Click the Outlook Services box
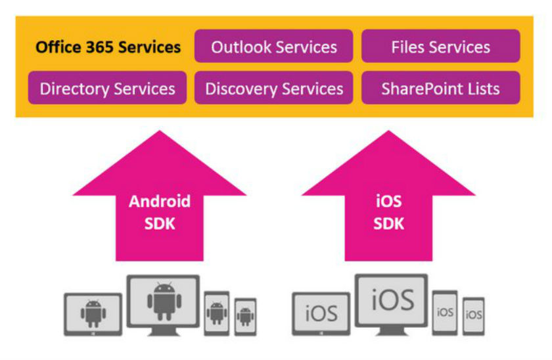pyautogui.click(x=273, y=46)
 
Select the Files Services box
pyautogui.click(x=440, y=46)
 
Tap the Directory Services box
pyautogui.click(x=107, y=87)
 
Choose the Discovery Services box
pyautogui.click(x=273, y=87)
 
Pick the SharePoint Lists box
pyautogui.click(x=440, y=87)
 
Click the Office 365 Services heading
pyautogui.click(x=108, y=47)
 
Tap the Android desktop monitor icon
pyautogui.click(x=164, y=305)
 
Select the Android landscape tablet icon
pyautogui.click(x=93, y=314)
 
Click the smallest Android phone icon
pyautogui.click(x=246, y=317)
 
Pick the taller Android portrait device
pyautogui.click(x=217, y=313)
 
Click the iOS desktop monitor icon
pyautogui.click(x=392, y=304)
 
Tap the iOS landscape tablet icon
pyautogui.click(x=321, y=313)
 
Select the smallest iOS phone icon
pyautogui.click(x=474, y=316)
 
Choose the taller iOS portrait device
pyautogui.click(x=445, y=313)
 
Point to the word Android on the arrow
pyautogui.click(x=160, y=201)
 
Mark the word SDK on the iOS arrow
pyautogui.click(x=388, y=223)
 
